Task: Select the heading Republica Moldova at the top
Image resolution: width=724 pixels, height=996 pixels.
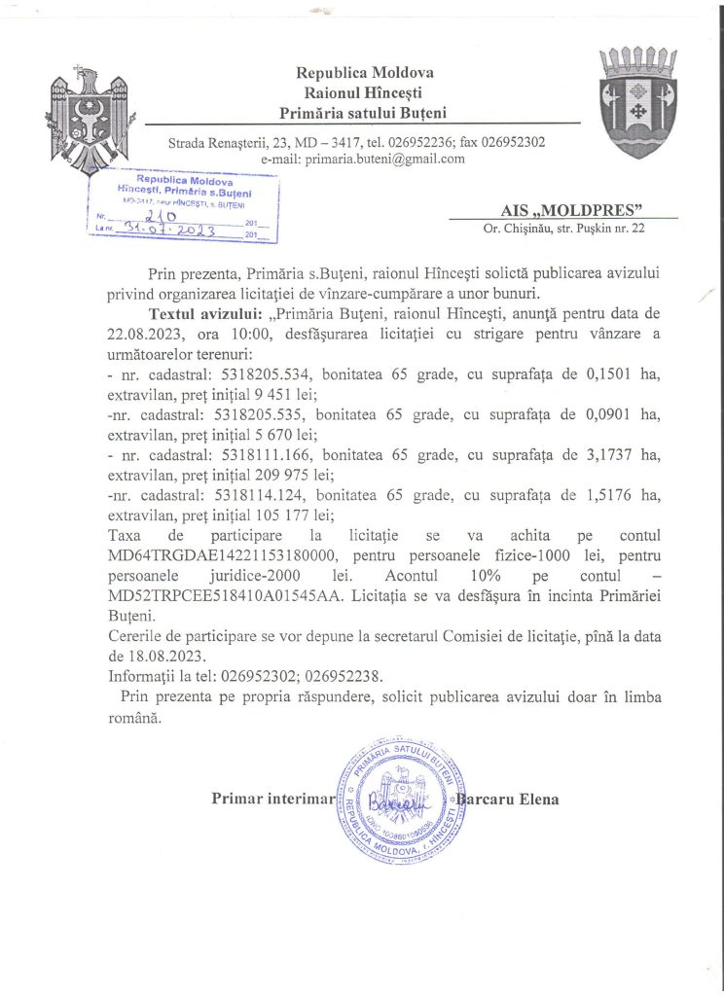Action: (x=365, y=72)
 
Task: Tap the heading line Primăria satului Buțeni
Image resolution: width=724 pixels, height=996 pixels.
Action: (x=366, y=113)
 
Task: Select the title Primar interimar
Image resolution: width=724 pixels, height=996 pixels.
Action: (x=272, y=799)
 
